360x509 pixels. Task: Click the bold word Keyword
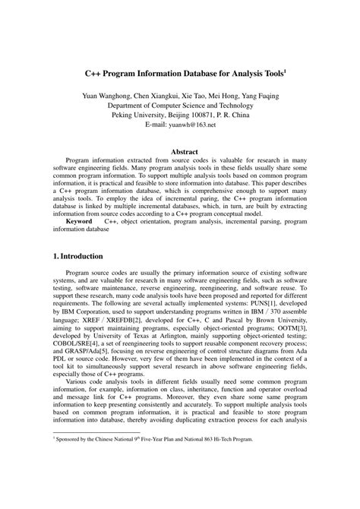(81, 221)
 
